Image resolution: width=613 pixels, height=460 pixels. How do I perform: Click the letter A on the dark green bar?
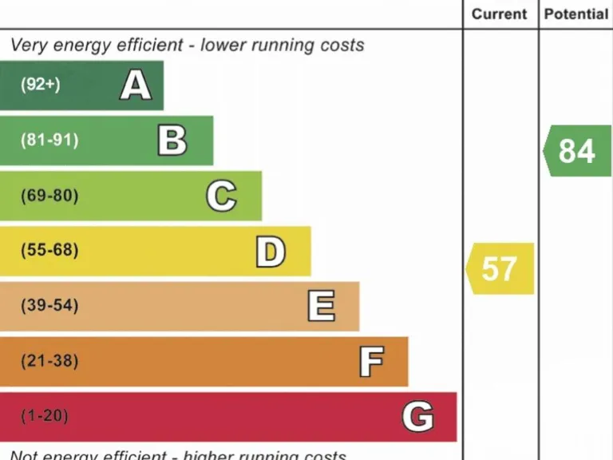click(136, 85)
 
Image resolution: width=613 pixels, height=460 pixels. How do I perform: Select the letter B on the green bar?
click(172, 141)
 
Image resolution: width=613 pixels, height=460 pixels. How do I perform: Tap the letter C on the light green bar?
click(221, 196)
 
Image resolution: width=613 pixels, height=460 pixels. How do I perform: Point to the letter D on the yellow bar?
click(271, 252)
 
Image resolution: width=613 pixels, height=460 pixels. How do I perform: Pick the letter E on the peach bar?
click(321, 306)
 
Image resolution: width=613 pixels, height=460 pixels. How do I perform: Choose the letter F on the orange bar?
click(370, 362)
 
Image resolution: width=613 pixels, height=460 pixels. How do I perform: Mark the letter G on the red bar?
click(417, 417)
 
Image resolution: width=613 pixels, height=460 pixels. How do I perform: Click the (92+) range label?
click(41, 85)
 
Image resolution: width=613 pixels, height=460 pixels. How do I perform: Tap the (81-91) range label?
click(49, 141)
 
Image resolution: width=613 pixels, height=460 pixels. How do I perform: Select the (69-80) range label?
click(49, 196)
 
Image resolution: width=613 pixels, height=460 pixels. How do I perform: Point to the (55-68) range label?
click(49, 251)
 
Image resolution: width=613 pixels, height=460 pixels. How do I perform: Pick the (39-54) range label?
click(49, 306)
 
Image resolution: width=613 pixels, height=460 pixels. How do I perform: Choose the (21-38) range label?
click(49, 361)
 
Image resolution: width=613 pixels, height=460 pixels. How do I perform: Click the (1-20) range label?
click(45, 416)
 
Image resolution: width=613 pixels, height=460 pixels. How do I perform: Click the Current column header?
click(500, 14)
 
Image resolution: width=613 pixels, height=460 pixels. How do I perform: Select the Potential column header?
click(575, 14)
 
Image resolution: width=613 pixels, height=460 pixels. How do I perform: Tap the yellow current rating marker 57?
click(500, 269)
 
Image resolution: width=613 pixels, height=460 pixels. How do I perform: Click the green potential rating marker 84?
click(577, 151)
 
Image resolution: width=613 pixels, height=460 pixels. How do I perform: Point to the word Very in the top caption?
click(28, 46)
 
